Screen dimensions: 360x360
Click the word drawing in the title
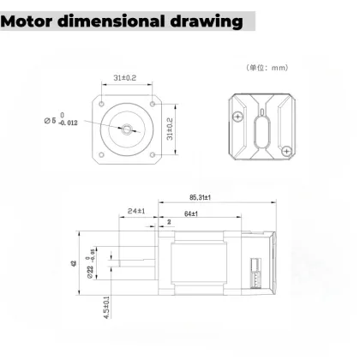[201, 19]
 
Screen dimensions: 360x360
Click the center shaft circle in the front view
[127, 129]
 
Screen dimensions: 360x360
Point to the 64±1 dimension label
[190, 213]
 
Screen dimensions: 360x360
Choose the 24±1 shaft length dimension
[135, 209]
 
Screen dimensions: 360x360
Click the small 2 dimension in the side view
[170, 221]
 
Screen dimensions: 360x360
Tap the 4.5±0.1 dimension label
[105, 306]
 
